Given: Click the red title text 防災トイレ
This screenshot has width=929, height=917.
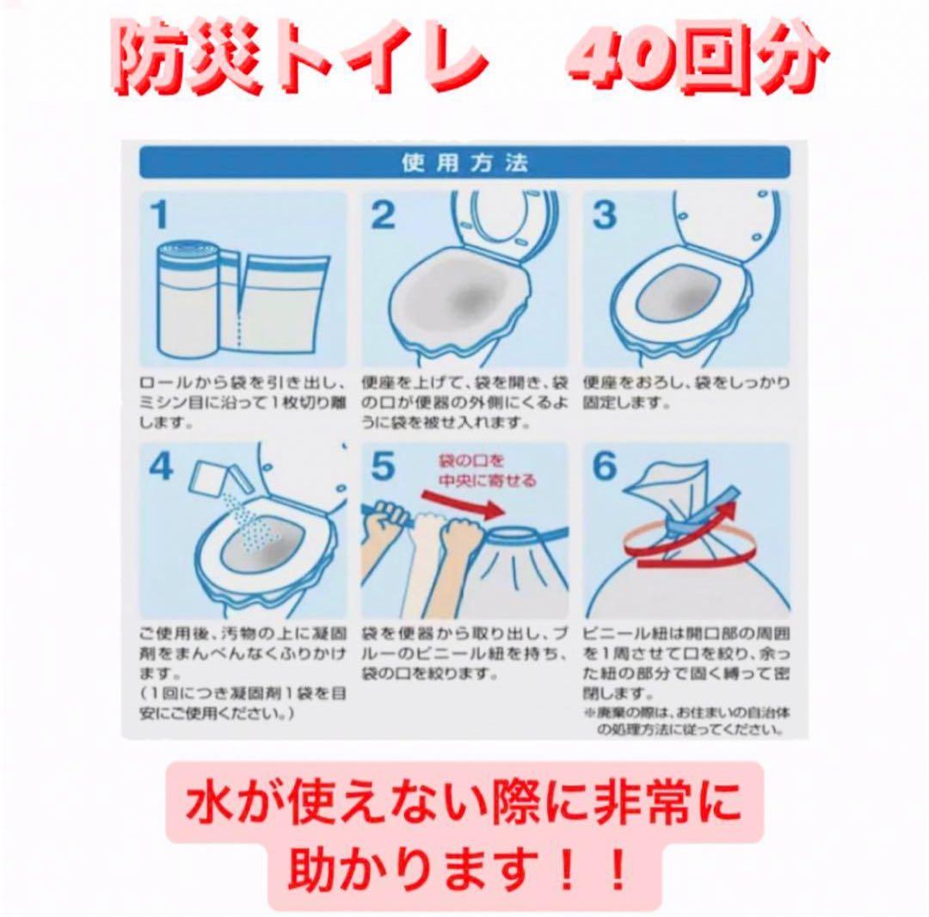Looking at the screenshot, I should pyautogui.click(x=297, y=62).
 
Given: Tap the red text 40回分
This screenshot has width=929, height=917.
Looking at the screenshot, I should pyautogui.click(x=694, y=62).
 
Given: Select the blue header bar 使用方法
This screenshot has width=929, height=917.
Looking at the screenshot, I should pyautogui.click(x=464, y=163).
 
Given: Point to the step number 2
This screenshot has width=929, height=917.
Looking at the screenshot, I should pyautogui.click(x=383, y=215).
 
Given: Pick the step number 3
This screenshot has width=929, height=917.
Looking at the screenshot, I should pyautogui.click(x=605, y=215).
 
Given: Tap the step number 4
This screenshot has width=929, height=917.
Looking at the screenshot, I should pyautogui.click(x=161, y=468).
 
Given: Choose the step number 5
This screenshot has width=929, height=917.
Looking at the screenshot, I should pyautogui.click(x=383, y=468).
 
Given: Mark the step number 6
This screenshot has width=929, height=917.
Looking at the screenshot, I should pyautogui.click(x=606, y=468).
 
